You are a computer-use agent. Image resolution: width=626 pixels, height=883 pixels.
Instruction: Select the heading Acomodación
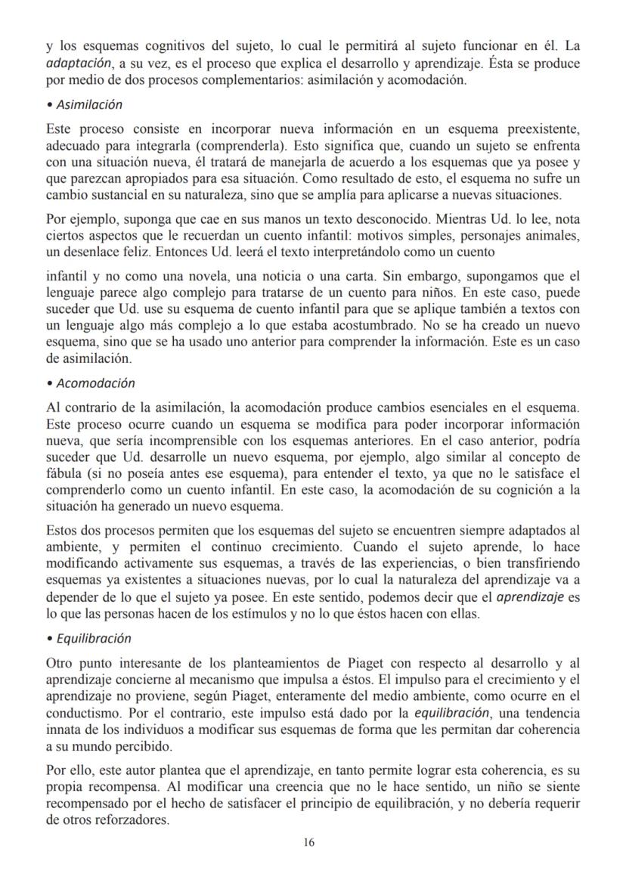coord(94,383)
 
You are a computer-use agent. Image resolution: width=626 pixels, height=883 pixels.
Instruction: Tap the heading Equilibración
coord(91,638)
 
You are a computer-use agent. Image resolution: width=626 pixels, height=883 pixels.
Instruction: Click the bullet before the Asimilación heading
coord(49,104)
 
